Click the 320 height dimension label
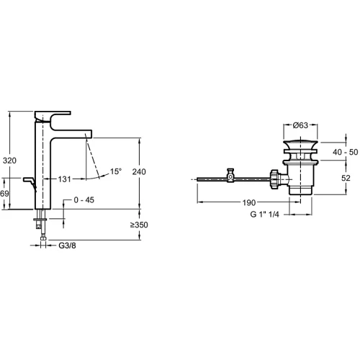tap(9, 161)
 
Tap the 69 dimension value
tap(4, 194)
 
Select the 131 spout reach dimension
tap(64, 179)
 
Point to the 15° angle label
tap(116, 171)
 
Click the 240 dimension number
tap(139, 171)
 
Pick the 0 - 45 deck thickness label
tap(84, 200)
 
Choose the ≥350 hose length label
tap(139, 225)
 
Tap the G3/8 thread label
tap(67, 246)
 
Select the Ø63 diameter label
tap(300, 125)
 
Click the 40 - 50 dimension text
tap(346, 152)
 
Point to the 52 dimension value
tap(346, 178)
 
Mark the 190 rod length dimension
tap(249, 203)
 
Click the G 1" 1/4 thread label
tap(265, 214)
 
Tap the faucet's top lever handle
tap(53, 116)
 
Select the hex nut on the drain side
tap(274, 179)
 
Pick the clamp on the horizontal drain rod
tap(230, 176)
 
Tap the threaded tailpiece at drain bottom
tap(300, 190)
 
